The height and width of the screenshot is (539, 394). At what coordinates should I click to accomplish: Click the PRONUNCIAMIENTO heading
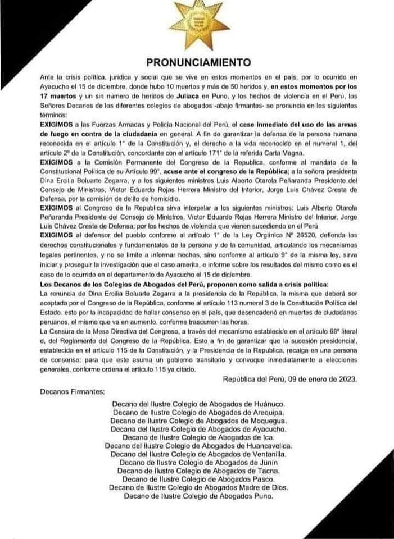pos(198,62)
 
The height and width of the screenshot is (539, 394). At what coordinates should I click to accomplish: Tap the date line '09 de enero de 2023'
pos(289,379)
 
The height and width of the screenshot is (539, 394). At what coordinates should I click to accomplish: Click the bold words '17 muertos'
pos(60,95)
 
